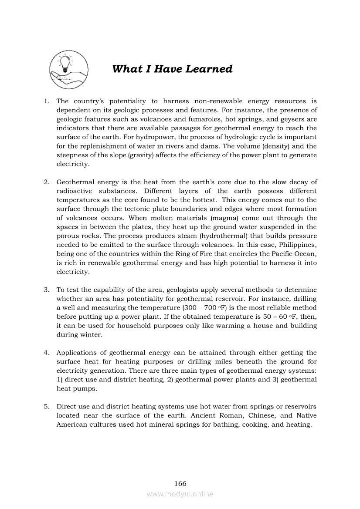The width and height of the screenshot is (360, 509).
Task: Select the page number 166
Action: [180, 483]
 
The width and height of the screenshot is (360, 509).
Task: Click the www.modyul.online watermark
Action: [180, 494]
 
